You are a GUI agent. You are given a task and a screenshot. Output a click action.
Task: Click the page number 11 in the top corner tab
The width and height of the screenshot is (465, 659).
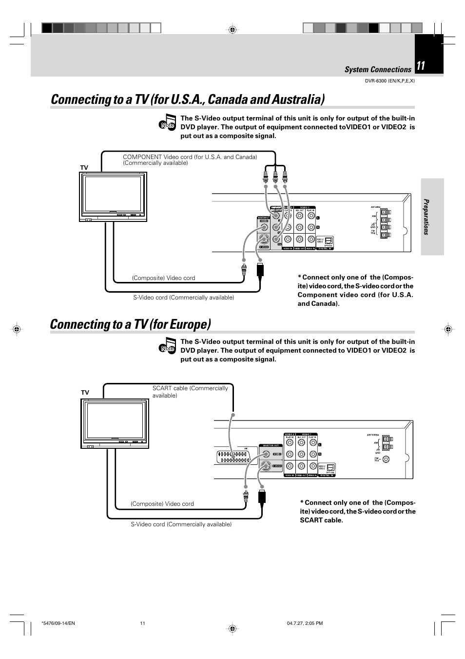421,66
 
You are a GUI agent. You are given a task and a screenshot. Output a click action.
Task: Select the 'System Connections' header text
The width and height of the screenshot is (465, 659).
378,70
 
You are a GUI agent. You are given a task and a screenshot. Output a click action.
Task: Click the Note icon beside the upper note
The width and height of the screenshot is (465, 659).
168,122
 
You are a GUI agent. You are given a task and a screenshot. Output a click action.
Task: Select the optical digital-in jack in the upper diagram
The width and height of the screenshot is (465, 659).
329,240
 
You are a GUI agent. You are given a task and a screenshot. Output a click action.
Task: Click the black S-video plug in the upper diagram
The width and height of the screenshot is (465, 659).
260,270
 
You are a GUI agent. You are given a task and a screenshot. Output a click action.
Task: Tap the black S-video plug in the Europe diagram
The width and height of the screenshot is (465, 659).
262,496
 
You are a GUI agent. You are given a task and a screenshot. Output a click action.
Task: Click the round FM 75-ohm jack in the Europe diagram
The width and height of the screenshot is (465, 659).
386,459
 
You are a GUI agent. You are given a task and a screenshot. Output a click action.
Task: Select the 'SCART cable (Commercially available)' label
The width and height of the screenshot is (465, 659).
190,392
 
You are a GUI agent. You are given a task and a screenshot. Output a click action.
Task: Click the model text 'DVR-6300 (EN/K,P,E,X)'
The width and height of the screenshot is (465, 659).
389,81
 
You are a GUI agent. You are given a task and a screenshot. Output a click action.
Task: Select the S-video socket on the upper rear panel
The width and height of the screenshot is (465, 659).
264,239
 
